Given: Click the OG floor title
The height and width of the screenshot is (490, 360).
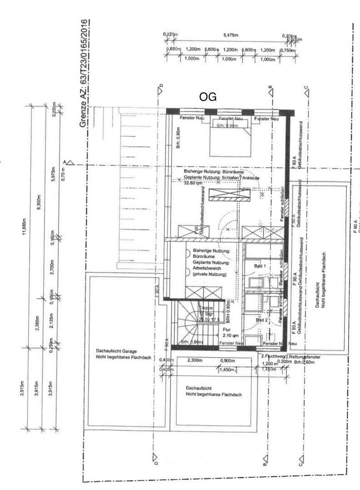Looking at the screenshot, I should (208, 97).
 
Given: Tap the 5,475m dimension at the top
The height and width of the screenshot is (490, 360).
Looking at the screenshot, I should (231, 35).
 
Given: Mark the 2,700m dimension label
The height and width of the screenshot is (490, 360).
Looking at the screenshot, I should (53, 266).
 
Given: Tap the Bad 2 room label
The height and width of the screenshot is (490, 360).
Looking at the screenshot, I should (261, 320).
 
